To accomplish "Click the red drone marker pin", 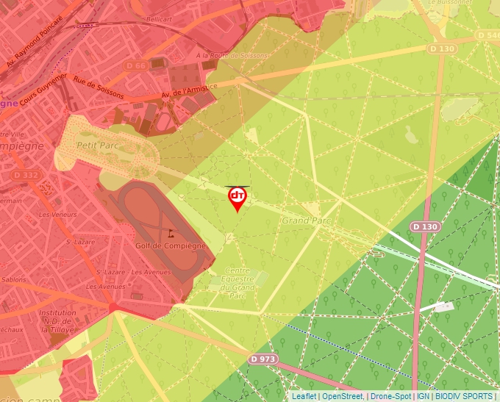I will click(237, 198).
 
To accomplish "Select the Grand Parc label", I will click(307, 220).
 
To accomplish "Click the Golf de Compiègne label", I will click(168, 246).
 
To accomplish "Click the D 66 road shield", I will click(136, 65).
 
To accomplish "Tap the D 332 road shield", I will click(26, 176).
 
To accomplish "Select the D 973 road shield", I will click(263, 359).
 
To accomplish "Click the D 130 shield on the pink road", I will click(424, 226).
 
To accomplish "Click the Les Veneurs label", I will click(58, 215).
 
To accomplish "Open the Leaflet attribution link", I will click(304, 396).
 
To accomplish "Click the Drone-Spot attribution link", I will click(390, 396).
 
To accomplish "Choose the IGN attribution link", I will click(424, 396).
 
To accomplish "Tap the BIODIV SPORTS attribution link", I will click(463, 396).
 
